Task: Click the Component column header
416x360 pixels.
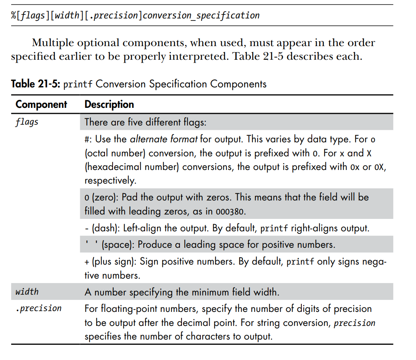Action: pyautogui.click(x=41, y=105)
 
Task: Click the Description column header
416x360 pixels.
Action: pyautogui.click(x=109, y=105)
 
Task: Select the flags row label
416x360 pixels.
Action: pyautogui.click(x=27, y=122)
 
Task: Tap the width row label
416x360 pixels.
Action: pyautogui.click(x=27, y=292)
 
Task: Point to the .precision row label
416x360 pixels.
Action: pyautogui.click(x=38, y=308)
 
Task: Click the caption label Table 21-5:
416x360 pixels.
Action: pyautogui.click(x=35, y=84)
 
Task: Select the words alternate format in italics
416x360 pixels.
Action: pyautogui.click(x=164, y=140)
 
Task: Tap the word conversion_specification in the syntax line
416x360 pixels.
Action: pyautogui.click(x=201, y=16)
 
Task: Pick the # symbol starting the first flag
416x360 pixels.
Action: pyautogui.click(x=87, y=140)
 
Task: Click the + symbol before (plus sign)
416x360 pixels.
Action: pyautogui.click(x=87, y=262)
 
